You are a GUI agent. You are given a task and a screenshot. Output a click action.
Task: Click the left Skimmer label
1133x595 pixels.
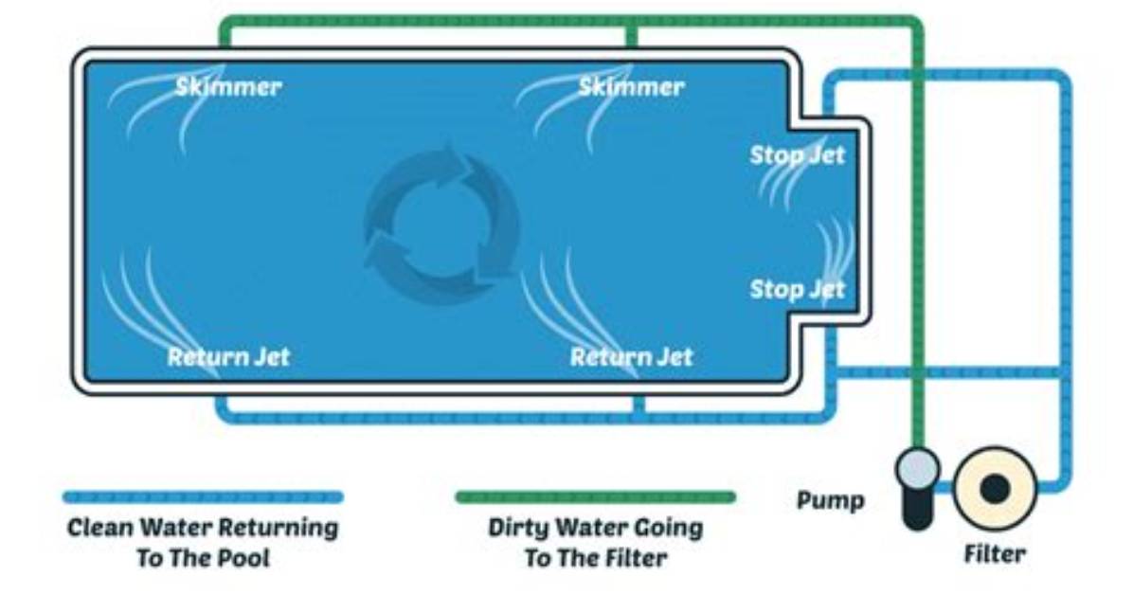point(228,87)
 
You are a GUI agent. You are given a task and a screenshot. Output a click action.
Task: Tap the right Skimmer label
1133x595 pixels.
point(631,87)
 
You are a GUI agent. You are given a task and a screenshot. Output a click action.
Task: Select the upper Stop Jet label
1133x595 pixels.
point(797,155)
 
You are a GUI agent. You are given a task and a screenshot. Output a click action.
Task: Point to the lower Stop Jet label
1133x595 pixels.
point(797,289)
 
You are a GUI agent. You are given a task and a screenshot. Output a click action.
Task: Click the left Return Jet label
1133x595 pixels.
point(228,356)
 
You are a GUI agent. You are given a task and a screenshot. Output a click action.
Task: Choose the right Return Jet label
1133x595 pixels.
point(632,356)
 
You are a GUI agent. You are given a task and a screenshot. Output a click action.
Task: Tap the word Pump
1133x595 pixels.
point(830,500)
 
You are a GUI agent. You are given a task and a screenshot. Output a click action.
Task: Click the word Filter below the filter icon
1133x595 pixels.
point(995,554)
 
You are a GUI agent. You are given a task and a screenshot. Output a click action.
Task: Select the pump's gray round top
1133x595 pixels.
point(918,468)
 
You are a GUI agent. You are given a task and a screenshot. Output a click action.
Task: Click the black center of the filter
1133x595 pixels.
point(995,490)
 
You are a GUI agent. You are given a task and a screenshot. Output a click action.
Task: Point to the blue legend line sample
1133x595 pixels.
point(203,496)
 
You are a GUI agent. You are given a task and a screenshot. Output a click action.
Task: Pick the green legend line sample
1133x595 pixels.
point(596,496)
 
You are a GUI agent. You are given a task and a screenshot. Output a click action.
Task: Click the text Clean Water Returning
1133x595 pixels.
point(203,527)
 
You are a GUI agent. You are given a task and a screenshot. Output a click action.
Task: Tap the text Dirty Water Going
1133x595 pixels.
point(596,528)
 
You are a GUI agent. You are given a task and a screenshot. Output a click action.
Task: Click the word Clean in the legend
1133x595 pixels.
point(100,527)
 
